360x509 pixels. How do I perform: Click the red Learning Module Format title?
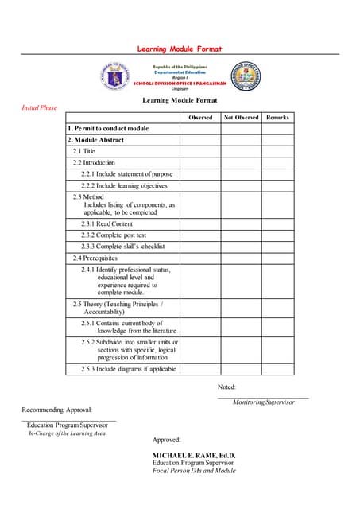(x=179, y=49)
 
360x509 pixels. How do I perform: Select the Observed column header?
(x=199, y=117)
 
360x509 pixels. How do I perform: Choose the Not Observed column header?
(x=241, y=117)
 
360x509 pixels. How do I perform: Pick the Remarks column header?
(x=277, y=117)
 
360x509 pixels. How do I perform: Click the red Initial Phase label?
(x=39, y=107)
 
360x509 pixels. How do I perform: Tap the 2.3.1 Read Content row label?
(x=110, y=224)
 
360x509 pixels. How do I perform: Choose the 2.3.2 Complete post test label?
(x=114, y=235)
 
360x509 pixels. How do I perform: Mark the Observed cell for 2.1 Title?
(x=199, y=151)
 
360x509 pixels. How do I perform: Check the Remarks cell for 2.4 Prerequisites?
(x=277, y=258)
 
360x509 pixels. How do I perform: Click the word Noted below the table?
(x=226, y=387)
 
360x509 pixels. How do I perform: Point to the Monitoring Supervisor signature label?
(x=263, y=402)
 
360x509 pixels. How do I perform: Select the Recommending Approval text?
(x=57, y=410)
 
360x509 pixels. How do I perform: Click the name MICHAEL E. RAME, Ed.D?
(x=194, y=455)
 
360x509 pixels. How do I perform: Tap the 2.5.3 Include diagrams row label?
(x=127, y=369)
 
